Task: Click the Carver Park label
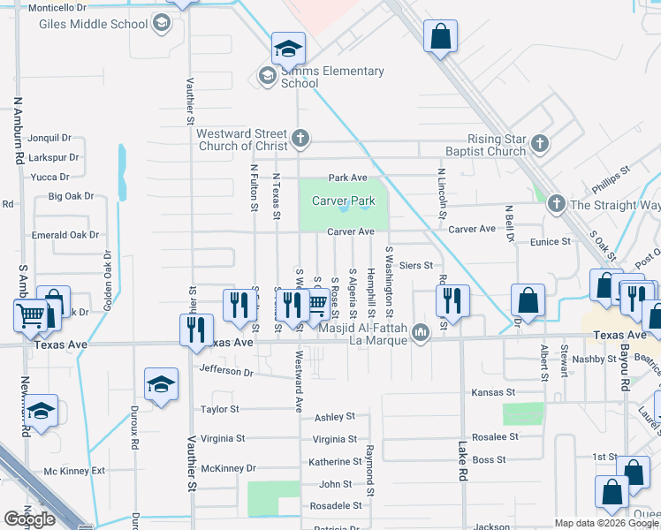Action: pos(344,201)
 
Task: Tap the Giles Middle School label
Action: pos(93,24)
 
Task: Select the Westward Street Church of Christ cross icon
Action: pos(300,138)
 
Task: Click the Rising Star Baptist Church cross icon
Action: pos(540,142)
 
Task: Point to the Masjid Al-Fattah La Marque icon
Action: pos(421,333)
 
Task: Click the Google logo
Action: pos(29,519)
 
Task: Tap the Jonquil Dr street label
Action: pos(49,138)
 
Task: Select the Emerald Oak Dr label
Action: pos(65,235)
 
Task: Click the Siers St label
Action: pos(415,265)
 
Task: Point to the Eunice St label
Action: pos(551,241)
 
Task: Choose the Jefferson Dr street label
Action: pos(226,371)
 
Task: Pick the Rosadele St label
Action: pos(336,506)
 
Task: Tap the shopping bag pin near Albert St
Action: pos(528,301)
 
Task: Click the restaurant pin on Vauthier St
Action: pos(194,329)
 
